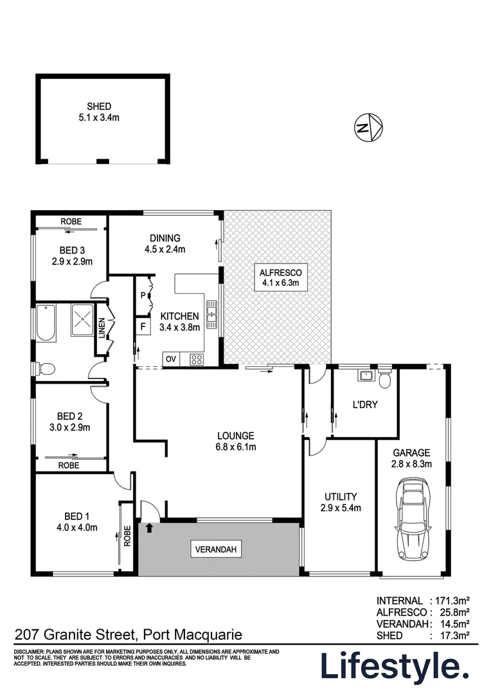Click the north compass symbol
369,127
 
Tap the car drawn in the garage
412,514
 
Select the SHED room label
100,107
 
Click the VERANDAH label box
216,549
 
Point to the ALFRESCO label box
276,277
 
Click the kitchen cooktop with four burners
197,360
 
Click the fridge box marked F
142,326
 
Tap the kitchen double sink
211,315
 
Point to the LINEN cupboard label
102,328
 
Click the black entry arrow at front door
150,528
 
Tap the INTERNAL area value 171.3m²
453,601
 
